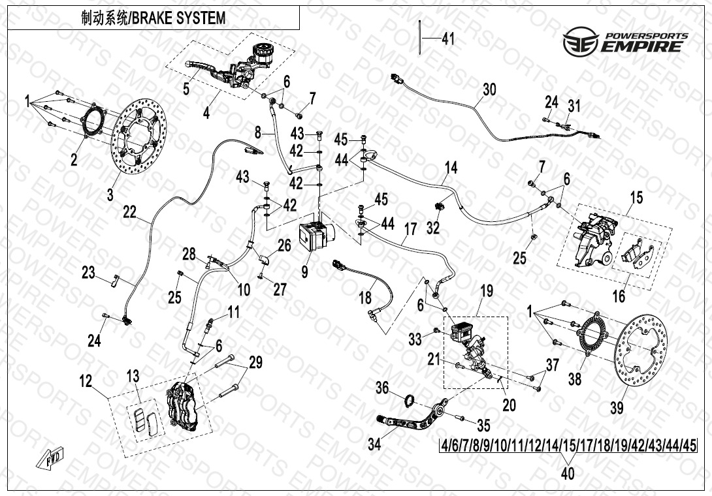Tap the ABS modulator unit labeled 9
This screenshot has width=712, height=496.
point(317,234)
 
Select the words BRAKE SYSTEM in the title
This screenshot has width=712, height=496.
point(179,18)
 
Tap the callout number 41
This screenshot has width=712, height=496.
point(447,39)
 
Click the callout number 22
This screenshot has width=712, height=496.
point(130,212)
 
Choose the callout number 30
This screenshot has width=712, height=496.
point(489,89)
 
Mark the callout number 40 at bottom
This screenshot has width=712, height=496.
point(568,474)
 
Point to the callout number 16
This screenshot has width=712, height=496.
point(619,296)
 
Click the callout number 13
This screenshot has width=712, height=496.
point(133,376)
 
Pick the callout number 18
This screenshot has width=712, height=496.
point(365,298)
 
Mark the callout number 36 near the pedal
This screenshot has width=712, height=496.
point(382,388)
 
